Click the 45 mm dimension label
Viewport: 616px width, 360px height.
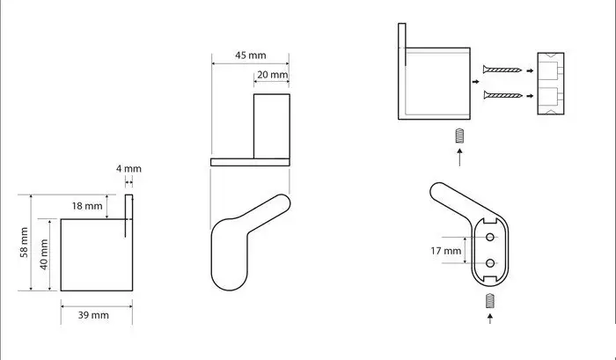251,55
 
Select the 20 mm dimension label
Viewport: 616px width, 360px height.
272,75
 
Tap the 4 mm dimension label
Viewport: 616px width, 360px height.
128,169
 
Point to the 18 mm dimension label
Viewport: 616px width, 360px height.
87,206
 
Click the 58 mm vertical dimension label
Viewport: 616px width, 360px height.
24,242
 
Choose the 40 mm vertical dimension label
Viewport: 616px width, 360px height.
44,254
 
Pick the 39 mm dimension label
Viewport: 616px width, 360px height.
93,315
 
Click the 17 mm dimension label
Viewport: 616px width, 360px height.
446,251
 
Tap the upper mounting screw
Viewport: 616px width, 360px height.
502,70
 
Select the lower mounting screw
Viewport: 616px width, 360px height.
502,95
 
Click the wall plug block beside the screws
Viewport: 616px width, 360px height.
550,84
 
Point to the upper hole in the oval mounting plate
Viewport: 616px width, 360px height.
490,237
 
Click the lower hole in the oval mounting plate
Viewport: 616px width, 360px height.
490,263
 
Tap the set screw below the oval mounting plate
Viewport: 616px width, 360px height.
489,301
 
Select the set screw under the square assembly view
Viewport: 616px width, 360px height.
459,136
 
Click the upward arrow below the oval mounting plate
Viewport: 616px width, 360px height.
490,319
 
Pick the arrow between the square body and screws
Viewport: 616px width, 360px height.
476,82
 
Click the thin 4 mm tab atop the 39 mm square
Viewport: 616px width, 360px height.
128,216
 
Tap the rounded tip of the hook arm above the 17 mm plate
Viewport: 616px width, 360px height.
437,191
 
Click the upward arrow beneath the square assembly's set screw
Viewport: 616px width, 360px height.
459,157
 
